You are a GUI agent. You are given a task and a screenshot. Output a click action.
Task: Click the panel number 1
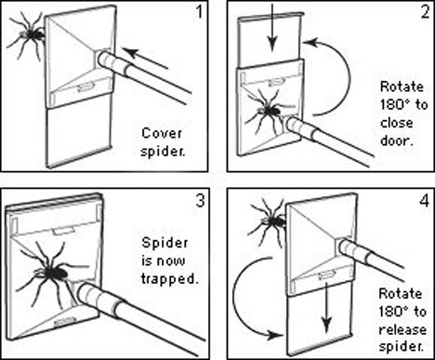(199, 13)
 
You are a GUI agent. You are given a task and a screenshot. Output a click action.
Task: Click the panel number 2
(425, 12)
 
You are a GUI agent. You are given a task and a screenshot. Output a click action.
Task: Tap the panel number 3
(200, 200)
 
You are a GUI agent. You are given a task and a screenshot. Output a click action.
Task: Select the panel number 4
(425, 200)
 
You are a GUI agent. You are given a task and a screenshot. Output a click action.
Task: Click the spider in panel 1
(29, 35)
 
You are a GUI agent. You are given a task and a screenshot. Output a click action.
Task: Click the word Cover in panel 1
(162, 134)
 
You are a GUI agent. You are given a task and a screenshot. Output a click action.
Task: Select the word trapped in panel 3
(169, 279)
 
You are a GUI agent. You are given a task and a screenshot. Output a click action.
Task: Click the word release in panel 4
(402, 329)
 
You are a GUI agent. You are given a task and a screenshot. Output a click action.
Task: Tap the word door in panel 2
(397, 141)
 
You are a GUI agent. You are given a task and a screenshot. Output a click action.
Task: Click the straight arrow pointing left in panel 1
(146, 59)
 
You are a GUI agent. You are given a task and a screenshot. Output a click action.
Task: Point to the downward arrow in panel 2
(272, 26)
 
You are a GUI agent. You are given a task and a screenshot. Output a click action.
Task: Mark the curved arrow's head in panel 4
(277, 335)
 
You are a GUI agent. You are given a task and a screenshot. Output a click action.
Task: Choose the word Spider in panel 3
(165, 243)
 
